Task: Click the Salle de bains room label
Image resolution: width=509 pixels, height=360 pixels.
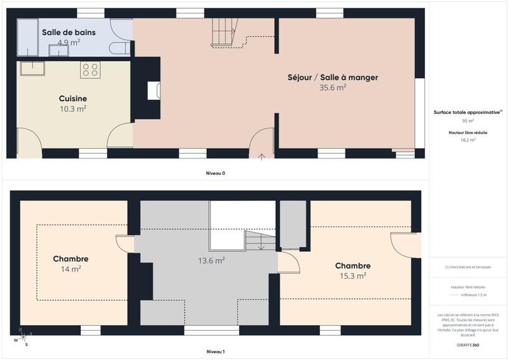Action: pos(69,32)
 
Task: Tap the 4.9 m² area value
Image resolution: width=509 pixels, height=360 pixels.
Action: pos(69,43)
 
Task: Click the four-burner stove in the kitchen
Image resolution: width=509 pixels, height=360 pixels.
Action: pos(90,69)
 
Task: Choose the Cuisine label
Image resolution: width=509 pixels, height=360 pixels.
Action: pos(73,99)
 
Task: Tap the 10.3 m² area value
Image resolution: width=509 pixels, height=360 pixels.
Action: pos(73,109)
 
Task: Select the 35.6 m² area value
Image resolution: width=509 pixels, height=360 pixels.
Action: pos(332,88)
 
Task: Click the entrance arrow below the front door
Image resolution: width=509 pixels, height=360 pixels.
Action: pos(261,156)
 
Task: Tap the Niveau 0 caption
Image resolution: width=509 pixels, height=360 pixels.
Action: pos(215,174)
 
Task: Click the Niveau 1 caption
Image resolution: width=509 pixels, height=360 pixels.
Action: pos(215,352)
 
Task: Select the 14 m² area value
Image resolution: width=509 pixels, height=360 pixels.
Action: pos(71,270)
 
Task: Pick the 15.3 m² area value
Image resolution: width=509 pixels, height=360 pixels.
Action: pos(352,276)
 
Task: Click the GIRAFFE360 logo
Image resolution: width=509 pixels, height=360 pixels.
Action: pos(468,344)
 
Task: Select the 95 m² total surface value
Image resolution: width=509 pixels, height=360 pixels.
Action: pos(468,120)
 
